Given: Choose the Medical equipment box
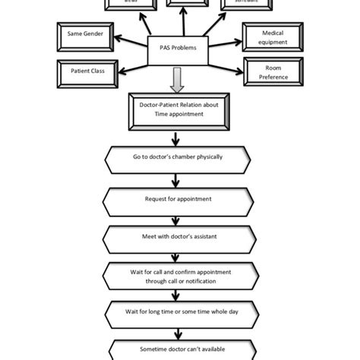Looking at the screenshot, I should [x=272, y=37].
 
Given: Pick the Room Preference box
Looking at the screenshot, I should [x=272, y=71].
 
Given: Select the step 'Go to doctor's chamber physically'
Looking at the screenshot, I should [x=177, y=158].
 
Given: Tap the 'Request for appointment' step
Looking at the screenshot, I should [x=177, y=199].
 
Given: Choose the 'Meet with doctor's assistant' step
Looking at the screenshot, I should [x=177, y=236].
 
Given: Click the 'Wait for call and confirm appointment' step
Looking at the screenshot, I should [x=177, y=276].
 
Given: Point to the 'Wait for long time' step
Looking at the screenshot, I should [x=177, y=311].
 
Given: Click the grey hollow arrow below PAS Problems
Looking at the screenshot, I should [x=176, y=79].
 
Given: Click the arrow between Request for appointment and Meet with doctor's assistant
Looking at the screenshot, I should [x=176, y=219].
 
